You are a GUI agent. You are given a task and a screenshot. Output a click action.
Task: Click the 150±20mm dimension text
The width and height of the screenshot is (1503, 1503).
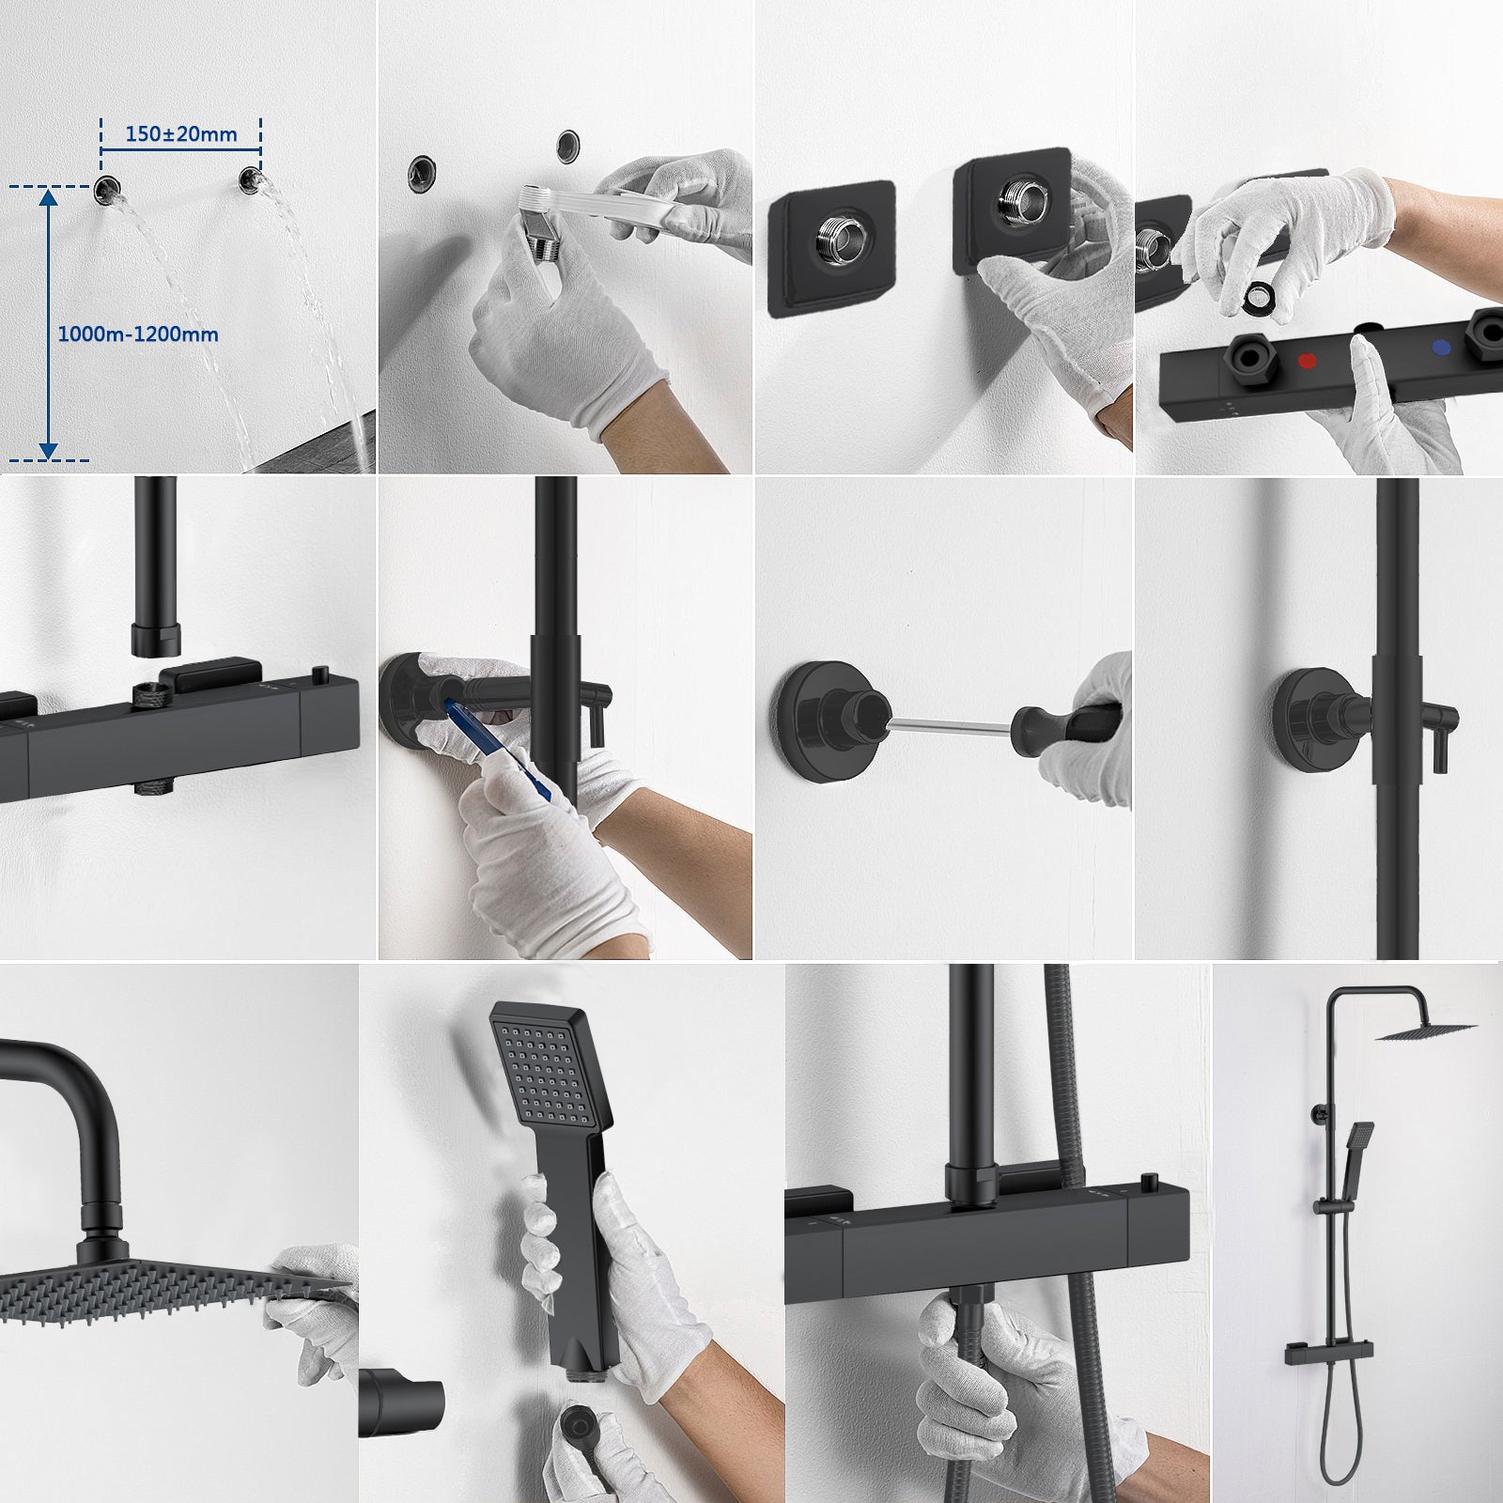tap(181, 134)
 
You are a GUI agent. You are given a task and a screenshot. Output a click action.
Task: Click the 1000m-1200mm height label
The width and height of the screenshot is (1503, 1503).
tap(138, 334)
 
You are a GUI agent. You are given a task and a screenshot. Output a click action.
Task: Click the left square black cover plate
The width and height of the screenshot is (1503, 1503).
tap(830, 248)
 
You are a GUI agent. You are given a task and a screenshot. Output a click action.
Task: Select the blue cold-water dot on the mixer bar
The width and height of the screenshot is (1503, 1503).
tap(1438, 348)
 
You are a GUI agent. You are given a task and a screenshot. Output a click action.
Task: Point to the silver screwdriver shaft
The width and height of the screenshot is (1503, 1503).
tap(949, 721)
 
